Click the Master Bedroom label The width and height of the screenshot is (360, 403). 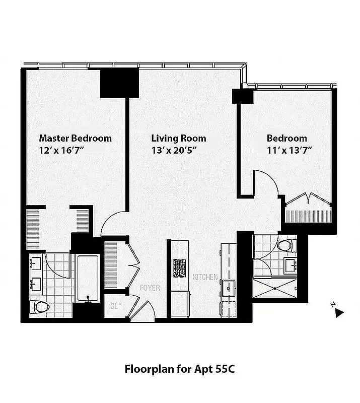coord(76,138)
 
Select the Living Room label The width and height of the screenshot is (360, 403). coord(179,138)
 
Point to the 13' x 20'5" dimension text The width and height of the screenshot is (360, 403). coord(174,150)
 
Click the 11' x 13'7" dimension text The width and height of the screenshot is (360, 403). coord(290,150)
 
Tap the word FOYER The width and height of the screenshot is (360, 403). coord(150,288)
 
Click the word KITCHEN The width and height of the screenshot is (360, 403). coord(205,277)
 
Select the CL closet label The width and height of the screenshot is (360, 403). coord(114,306)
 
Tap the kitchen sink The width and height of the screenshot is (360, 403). coord(229,288)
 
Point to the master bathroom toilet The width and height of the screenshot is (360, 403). coord(39,306)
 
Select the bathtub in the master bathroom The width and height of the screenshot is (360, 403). coord(88,279)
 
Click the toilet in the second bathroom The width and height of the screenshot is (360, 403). coord(285,246)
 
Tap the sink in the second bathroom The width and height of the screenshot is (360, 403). coord(290,265)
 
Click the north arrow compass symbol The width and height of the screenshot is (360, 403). coord(339,312)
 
